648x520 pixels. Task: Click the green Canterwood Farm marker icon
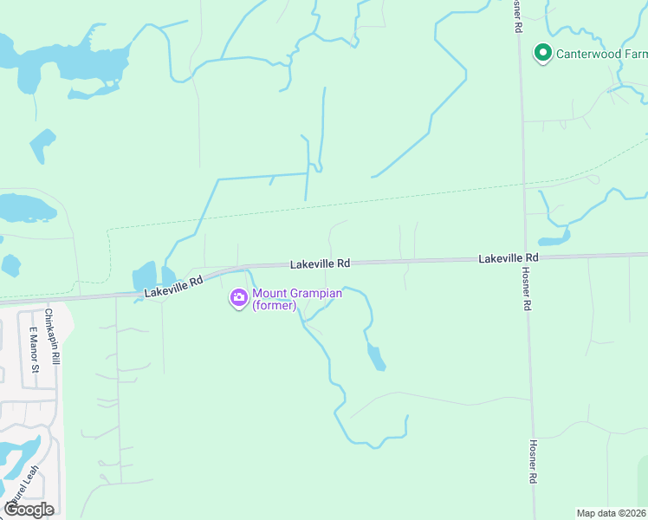pyautogui.click(x=543, y=54)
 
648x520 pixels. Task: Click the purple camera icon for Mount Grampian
pyautogui.click(x=238, y=299)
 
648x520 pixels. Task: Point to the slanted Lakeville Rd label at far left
pyautogui.click(x=174, y=287)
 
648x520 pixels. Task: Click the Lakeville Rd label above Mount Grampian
pyautogui.click(x=320, y=263)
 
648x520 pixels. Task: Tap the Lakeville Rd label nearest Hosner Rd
pyautogui.click(x=509, y=258)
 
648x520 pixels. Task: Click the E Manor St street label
pyautogui.click(x=34, y=350)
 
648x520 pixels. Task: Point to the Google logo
pyautogui.click(x=29, y=510)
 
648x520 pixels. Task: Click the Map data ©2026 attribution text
pyautogui.click(x=611, y=513)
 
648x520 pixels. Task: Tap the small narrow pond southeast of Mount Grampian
pyautogui.click(x=376, y=357)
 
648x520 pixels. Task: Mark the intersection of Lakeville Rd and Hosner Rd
pyautogui.click(x=525, y=257)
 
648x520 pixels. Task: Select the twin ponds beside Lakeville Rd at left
pyautogui.click(x=145, y=278)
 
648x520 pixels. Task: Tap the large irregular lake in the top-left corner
pyautogui.click(x=61, y=65)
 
